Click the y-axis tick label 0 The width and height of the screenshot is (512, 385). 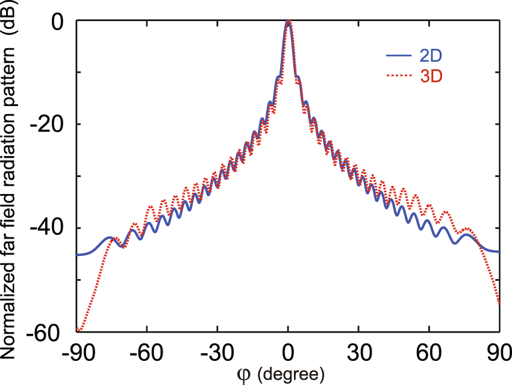[57, 22]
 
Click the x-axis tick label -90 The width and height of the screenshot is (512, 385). [77, 353]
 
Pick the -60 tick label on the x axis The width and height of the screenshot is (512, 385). [148, 353]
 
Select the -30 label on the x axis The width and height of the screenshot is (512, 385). [218, 353]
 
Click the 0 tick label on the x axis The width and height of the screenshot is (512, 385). [289, 353]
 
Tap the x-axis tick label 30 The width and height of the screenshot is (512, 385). [359, 353]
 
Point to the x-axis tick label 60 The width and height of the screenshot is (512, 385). [429, 353]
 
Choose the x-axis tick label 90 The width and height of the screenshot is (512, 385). [498, 353]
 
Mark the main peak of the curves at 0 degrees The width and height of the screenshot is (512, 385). [289, 22]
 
